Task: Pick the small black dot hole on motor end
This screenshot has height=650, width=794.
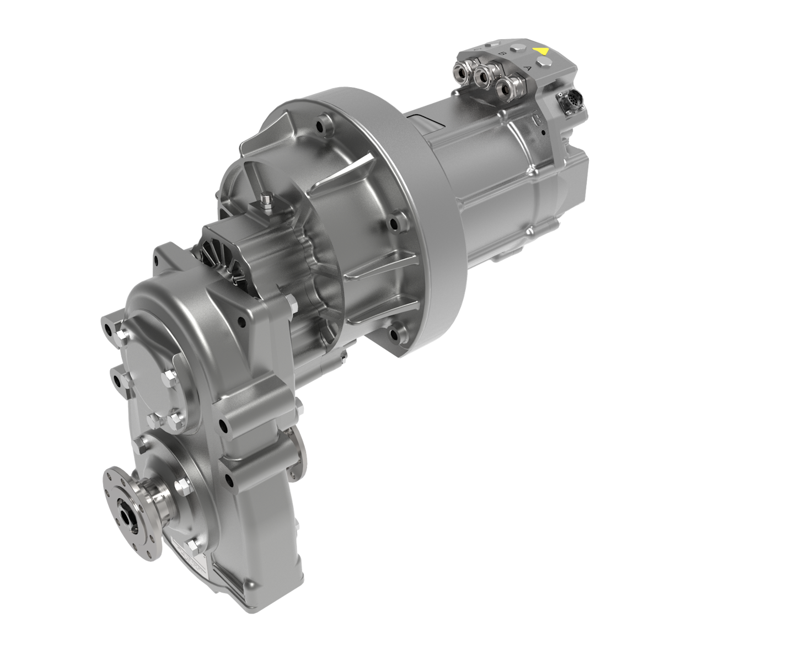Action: [x=544, y=132]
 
